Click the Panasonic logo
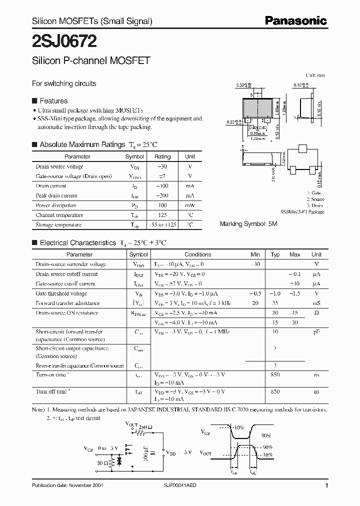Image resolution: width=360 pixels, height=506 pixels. pos(295,20)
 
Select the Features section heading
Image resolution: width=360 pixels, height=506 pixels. pos(53,100)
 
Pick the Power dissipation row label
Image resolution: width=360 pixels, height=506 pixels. pos(56,205)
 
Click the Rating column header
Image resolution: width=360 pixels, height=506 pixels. pos(162,156)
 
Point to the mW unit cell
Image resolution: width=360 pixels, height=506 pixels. pos(190,205)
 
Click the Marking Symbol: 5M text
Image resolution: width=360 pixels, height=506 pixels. pos(248,224)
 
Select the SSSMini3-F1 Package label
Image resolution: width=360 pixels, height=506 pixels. pos(302,212)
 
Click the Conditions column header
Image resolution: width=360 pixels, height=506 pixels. pos(197,254)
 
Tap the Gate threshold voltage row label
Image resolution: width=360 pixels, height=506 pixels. pos(61,293)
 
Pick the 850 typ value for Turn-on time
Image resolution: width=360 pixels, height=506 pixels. pos(274,375)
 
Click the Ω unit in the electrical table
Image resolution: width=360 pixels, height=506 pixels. pos(316,313)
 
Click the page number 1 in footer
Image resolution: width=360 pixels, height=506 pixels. pos(326,485)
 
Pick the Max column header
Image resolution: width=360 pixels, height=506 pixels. pos(294,254)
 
